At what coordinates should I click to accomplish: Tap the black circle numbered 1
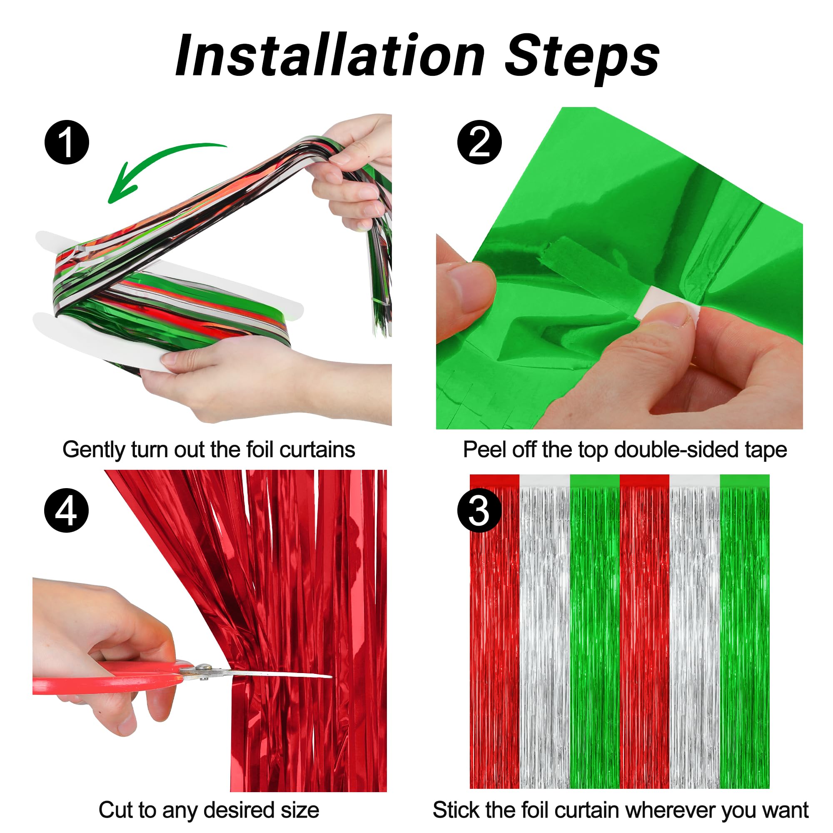(x=67, y=142)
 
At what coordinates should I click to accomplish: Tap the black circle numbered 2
(x=479, y=142)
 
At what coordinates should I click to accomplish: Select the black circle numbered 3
(x=479, y=511)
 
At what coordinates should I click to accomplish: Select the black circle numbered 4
(x=66, y=511)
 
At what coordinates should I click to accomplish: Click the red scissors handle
(x=108, y=679)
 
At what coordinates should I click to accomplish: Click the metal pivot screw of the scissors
(x=202, y=669)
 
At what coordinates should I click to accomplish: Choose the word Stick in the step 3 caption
(x=456, y=810)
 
